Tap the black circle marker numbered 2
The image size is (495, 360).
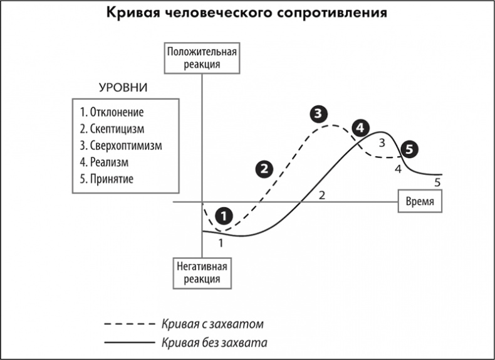coord(264,167)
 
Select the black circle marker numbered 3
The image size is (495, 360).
coord(318,114)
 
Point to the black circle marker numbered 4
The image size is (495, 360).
coord(359,128)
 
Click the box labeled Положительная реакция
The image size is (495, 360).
coord(202,58)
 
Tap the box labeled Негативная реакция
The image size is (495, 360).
coord(202,273)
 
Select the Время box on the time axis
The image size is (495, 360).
coord(420,202)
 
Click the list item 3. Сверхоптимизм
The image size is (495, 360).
coord(121,146)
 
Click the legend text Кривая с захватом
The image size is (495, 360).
coord(212,324)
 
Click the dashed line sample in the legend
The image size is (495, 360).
coord(128,324)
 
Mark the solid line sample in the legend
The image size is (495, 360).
coord(128,342)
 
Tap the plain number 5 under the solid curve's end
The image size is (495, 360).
coord(438,183)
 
